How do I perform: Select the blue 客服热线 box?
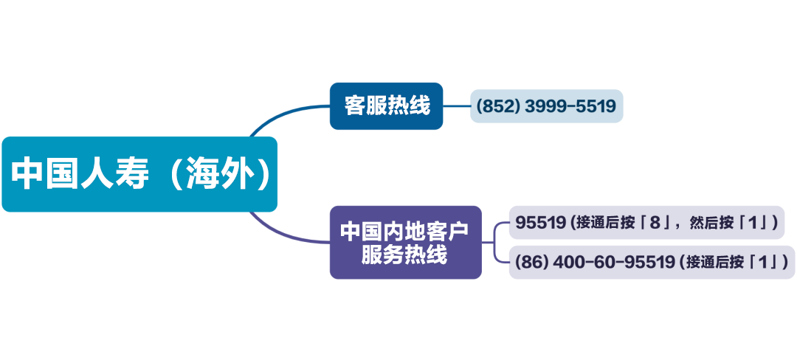click(386, 106)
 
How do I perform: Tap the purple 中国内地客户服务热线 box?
click(405, 242)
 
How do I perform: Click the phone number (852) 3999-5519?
click(546, 106)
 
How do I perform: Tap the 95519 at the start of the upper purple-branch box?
click(540, 222)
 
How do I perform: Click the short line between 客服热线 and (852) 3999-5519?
click(457, 106)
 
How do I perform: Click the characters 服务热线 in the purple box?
click(405, 255)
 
